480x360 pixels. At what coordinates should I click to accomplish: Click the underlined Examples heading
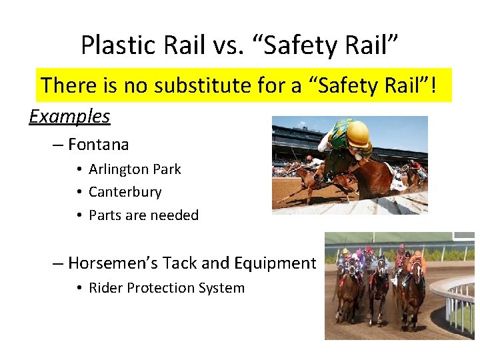[69, 117]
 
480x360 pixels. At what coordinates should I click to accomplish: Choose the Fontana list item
[98, 144]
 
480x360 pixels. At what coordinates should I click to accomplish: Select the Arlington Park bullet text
[135, 169]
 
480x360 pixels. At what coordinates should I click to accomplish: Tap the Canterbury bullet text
[125, 192]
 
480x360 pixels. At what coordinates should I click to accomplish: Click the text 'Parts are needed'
[143, 215]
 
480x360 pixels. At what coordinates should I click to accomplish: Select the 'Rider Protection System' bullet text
[167, 288]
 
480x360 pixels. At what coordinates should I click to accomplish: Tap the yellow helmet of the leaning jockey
[357, 133]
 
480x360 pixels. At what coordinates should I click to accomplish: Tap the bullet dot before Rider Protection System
[79, 289]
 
